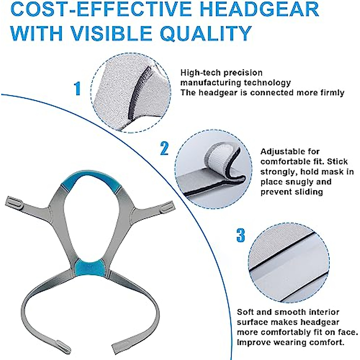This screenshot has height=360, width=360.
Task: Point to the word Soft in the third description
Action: pyautogui.click(x=246, y=312)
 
